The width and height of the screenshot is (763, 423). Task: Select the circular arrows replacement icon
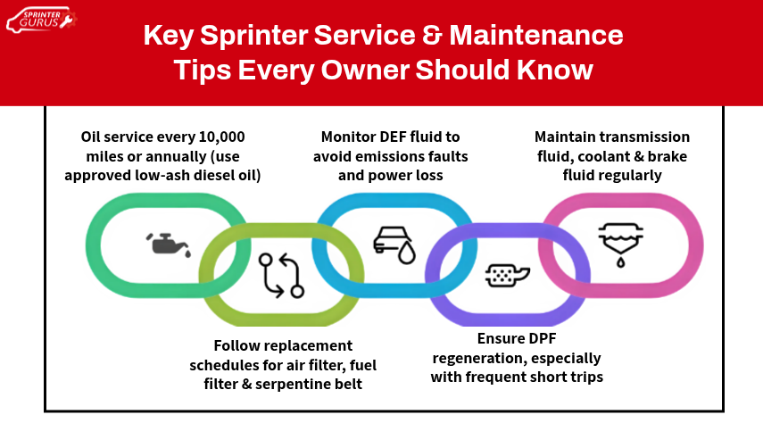pyautogui.click(x=281, y=275)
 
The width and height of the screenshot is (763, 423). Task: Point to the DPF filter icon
pyautogui.click(x=502, y=276)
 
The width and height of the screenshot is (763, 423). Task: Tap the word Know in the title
pyautogui.click(x=556, y=69)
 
